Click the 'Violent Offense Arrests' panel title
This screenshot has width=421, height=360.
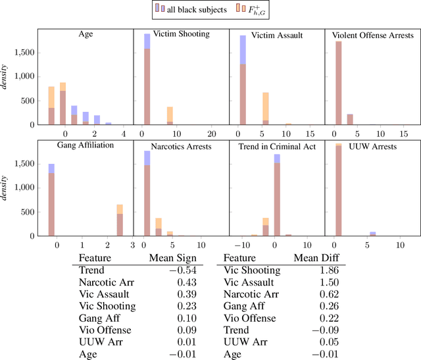click(373, 35)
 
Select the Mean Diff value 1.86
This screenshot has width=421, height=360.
click(319, 270)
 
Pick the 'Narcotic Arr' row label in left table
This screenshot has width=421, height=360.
click(103, 282)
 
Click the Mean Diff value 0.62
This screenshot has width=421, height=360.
click(319, 294)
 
